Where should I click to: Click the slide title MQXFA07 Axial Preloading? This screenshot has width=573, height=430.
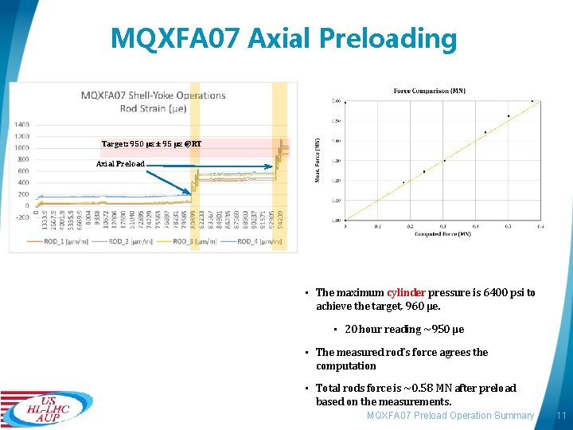[284, 38]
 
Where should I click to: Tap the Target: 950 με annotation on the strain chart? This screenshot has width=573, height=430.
[151, 144]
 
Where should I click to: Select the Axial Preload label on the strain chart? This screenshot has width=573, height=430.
[120, 164]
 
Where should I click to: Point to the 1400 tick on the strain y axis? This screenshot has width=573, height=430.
[21, 124]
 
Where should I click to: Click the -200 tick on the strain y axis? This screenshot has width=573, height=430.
[21, 217]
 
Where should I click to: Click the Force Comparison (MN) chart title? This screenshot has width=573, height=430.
[430, 91]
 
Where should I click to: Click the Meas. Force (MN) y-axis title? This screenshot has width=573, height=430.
[318, 159]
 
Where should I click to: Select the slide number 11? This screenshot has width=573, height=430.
[560, 416]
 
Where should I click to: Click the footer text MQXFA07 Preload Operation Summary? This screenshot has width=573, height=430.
[450, 416]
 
